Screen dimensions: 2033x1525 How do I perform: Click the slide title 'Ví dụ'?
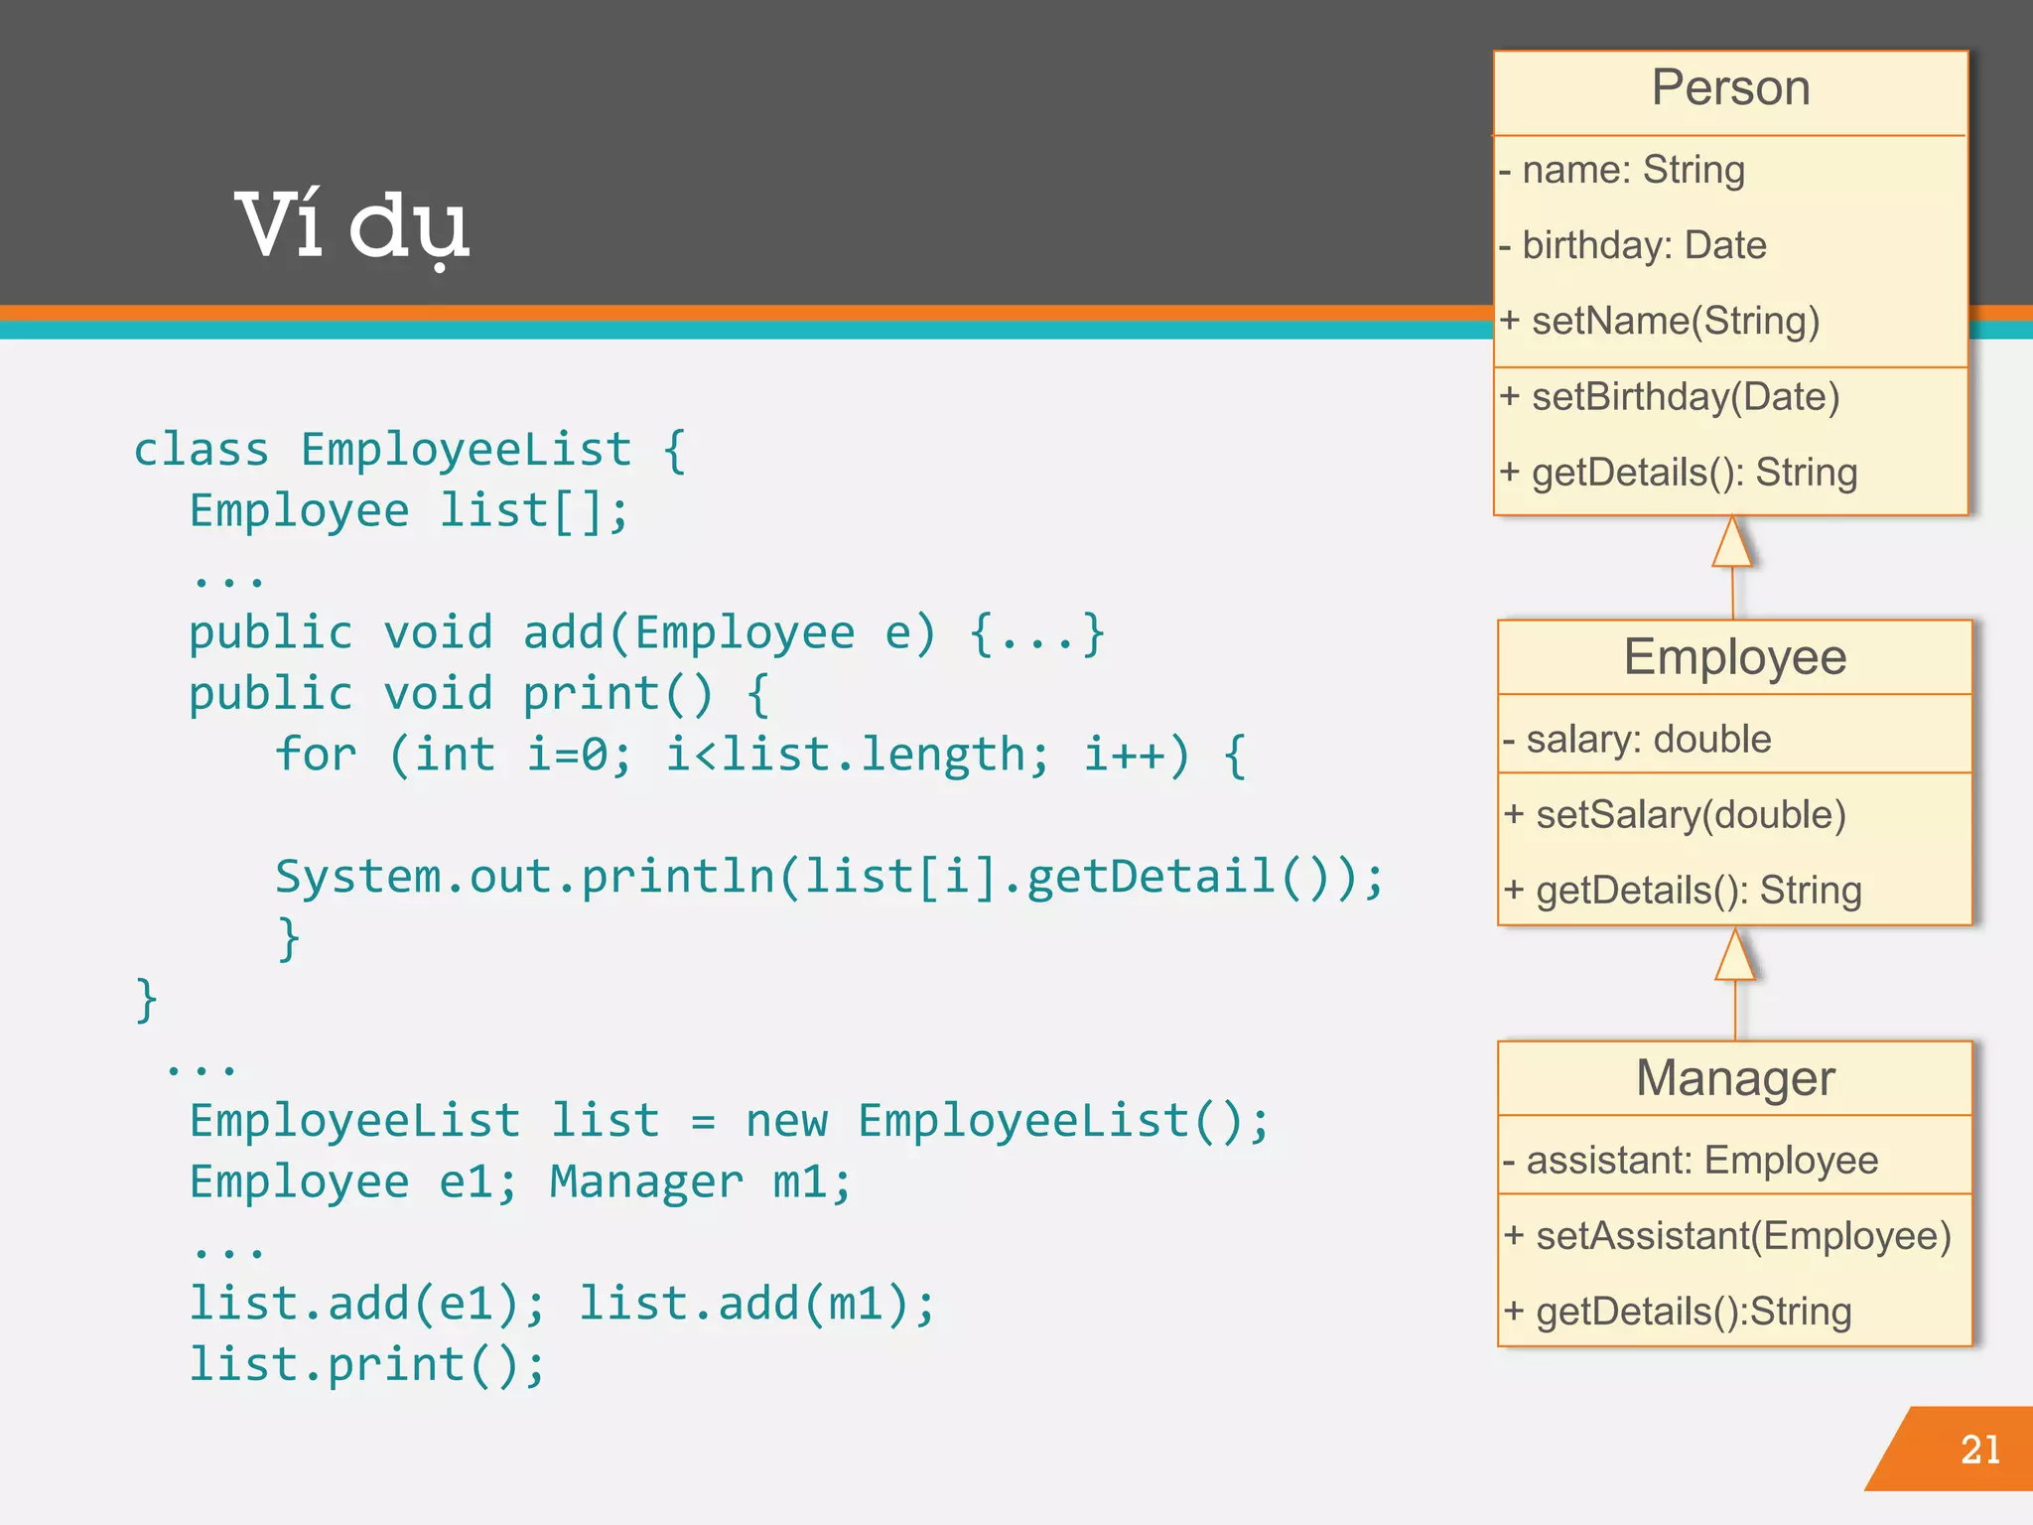click(x=351, y=226)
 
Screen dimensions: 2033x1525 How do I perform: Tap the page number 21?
click(x=1979, y=1450)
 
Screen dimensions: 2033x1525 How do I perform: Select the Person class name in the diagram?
click(x=1730, y=87)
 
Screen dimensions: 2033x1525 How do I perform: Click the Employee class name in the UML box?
click(x=1734, y=656)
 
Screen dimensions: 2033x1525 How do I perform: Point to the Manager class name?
click(x=1735, y=1077)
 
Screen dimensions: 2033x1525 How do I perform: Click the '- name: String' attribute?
click(x=1622, y=170)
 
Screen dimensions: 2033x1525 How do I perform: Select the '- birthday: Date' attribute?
click(x=1633, y=245)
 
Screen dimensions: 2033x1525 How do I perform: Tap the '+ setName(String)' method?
click(x=1660, y=321)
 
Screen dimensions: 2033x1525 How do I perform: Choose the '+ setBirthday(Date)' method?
click(x=1670, y=397)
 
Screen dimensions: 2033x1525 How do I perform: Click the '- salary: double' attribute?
click(x=1637, y=739)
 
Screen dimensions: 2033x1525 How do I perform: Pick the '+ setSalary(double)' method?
click(x=1675, y=815)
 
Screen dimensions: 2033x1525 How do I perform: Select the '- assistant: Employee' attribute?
click(x=1691, y=1160)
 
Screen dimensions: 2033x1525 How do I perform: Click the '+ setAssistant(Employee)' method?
click(x=1727, y=1236)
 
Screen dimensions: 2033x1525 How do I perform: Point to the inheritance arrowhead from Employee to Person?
click(x=1732, y=543)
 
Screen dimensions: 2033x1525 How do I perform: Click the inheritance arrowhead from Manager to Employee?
click(x=1735, y=956)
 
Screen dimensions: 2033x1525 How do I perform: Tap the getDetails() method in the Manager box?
click(x=1678, y=1312)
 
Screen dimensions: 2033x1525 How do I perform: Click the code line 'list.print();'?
click(x=367, y=1364)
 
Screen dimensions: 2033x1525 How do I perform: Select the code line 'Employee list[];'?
click(x=409, y=511)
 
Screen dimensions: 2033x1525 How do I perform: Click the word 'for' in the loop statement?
click(x=316, y=755)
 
